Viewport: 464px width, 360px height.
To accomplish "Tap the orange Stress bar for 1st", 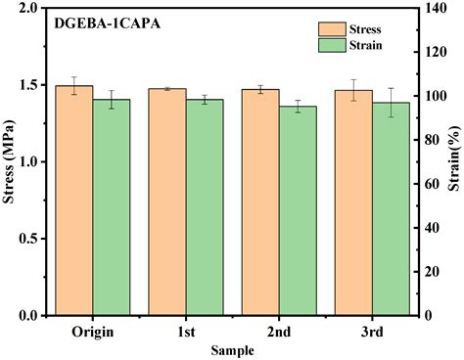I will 167,202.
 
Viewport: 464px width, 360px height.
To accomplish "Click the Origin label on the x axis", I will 93,332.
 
